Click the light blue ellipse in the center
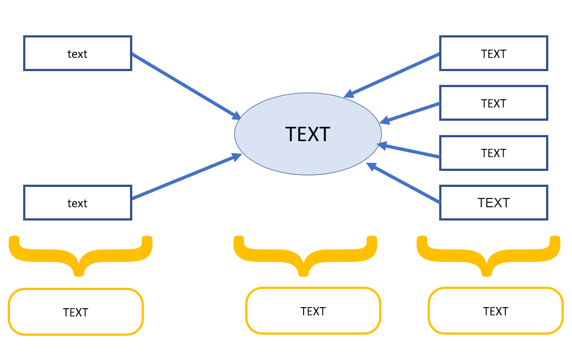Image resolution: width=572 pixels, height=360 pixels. [307, 134]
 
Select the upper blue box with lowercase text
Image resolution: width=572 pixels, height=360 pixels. [78, 53]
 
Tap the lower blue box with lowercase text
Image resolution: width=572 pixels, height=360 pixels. [78, 203]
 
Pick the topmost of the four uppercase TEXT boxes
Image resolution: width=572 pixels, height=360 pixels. [493, 53]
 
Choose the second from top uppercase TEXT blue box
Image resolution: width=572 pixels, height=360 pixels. [493, 103]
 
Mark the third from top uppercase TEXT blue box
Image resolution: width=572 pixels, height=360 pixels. [493, 153]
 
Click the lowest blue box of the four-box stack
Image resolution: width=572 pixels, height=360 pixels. [493, 202]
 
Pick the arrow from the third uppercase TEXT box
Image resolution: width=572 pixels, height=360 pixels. [409, 151]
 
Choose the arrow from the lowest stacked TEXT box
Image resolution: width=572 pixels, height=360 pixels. [403, 183]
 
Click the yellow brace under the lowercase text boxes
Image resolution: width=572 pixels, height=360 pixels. [80, 254]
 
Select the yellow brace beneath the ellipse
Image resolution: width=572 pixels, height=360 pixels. [305, 254]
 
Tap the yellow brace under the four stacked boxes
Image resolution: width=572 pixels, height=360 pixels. [488, 254]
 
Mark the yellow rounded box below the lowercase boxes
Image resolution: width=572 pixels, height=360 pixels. [75, 312]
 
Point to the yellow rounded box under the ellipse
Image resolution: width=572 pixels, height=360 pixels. [313, 311]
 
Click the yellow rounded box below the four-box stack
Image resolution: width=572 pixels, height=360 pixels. [495, 311]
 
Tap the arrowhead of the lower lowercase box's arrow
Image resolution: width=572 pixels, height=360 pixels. [237, 157]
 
